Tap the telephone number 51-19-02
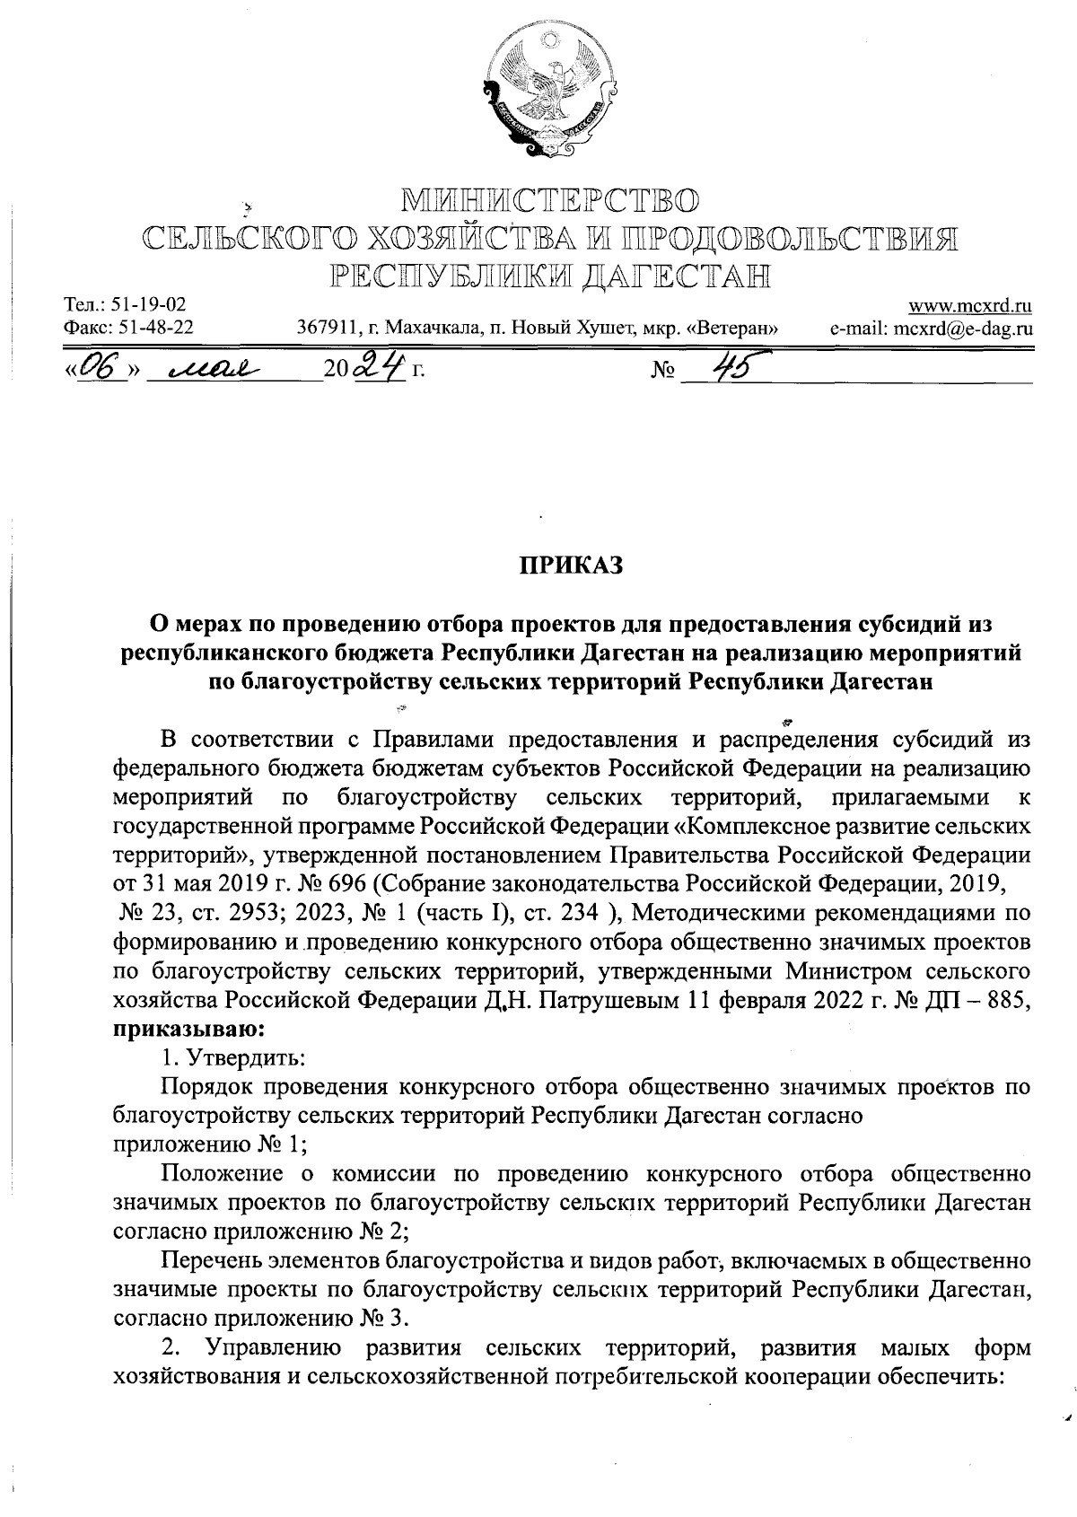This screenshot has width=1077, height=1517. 147,306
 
